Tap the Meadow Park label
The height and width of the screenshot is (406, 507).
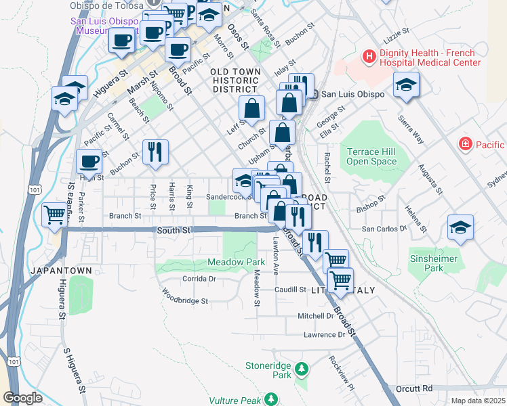coord(236,262)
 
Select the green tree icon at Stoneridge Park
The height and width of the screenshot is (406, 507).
coord(302,369)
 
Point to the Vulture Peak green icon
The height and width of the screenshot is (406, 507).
coord(271,399)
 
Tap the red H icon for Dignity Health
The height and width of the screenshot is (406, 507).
coord(369,57)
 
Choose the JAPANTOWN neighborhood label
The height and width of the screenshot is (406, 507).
coord(60,271)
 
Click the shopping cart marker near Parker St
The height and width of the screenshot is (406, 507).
coord(55,215)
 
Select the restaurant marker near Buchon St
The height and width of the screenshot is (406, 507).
coord(155,152)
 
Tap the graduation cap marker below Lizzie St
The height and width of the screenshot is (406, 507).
coord(406,85)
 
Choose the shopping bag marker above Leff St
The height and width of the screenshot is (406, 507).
coord(251,108)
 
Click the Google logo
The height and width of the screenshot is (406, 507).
coord(22,398)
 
